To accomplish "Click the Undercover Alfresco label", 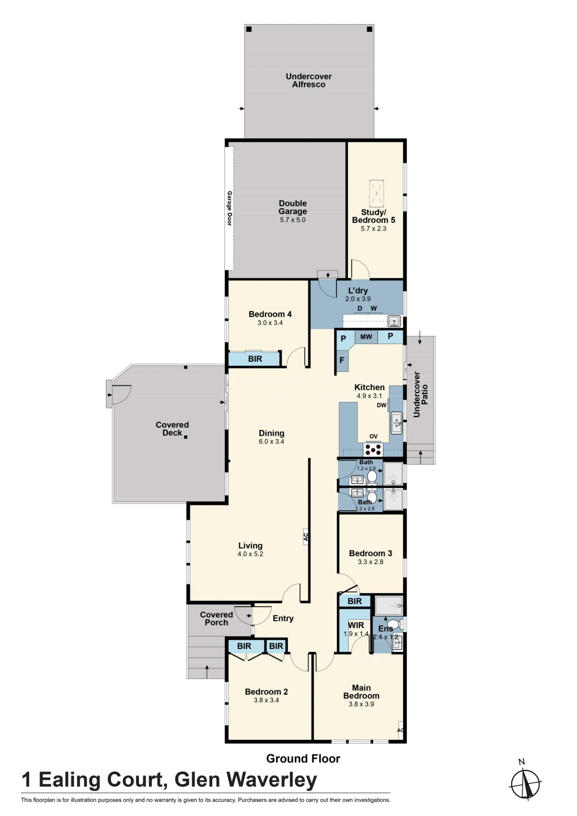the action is [308, 80].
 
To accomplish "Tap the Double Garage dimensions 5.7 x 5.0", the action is [293, 220].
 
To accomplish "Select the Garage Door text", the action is [230, 208].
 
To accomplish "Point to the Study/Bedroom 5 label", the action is [373, 216].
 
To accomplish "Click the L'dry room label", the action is [358, 290].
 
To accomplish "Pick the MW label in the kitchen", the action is [366, 337].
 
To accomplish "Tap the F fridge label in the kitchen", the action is [342, 360].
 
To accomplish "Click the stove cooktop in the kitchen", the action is [373, 450].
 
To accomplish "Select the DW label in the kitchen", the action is [382, 405].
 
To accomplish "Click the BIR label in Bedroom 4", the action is [255, 359].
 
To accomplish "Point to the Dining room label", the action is [271, 433].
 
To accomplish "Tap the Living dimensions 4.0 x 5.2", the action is [250, 554].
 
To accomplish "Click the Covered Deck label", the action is [172, 429].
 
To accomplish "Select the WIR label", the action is [356, 625].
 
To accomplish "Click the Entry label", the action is [283, 619].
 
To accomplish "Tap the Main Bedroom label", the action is [361, 692].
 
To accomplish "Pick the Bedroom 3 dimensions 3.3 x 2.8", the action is [371, 562].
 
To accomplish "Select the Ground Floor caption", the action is [303, 758].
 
